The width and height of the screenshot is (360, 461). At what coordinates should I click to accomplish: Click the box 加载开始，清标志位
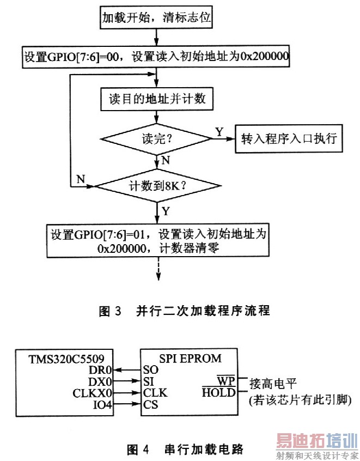(x=156, y=19)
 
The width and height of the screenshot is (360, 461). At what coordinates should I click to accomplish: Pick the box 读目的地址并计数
(x=156, y=99)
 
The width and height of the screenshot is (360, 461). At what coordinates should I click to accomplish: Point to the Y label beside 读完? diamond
(x=219, y=131)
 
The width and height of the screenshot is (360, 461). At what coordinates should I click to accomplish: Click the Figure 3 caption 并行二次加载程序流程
(x=184, y=311)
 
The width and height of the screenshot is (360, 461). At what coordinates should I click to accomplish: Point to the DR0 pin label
(x=102, y=369)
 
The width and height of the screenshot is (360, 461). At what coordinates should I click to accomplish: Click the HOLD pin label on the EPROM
(x=219, y=392)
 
